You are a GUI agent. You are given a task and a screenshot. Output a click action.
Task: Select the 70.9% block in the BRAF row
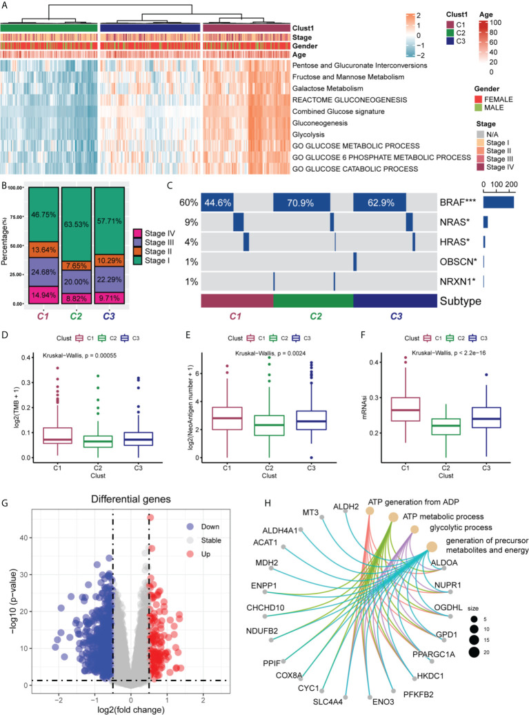[x=301, y=202]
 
